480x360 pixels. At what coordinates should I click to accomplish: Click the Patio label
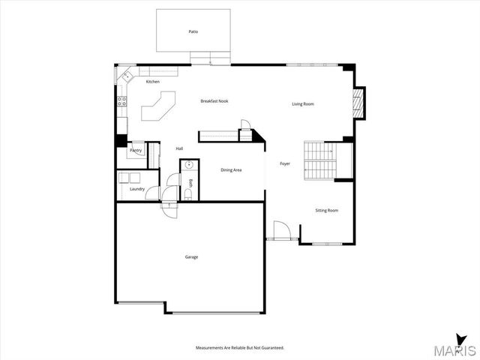pyautogui.click(x=193, y=31)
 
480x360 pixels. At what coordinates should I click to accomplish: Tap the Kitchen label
pyautogui.click(x=153, y=82)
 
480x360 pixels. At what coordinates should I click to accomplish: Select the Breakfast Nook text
pyautogui.click(x=214, y=100)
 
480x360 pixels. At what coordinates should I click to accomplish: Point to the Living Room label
pyautogui.click(x=303, y=103)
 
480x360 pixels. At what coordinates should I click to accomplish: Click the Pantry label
pyautogui.click(x=136, y=151)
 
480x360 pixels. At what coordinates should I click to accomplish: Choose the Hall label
pyautogui.click(x=179, y=148)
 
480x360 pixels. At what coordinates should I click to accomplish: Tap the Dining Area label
pyautogui.click(x=231, y=170)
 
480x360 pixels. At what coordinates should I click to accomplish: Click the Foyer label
pyautogui.click(x=285, y=163)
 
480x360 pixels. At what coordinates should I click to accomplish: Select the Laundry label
pyautogui.click(x=137, y=189)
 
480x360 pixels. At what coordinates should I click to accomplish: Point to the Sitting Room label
pyautogui.click(x=326, y=211)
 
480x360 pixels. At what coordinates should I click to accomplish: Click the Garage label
pyautogui.click(x=192, y=257)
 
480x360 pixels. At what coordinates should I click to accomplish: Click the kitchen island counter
pyautogui.click(x=156, y=106)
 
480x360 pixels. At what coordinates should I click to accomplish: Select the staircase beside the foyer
pyautogui.click(x=319, y=160)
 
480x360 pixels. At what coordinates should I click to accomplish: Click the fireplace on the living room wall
pyautogui.click(x=358, y=103)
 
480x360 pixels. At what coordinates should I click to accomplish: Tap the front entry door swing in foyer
pyautogui.click(x=282, y=229)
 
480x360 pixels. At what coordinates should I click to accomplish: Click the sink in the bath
pyautogui.click(x=190, y=166)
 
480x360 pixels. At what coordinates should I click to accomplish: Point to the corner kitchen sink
pyautogui.click(x=127, y=75)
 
